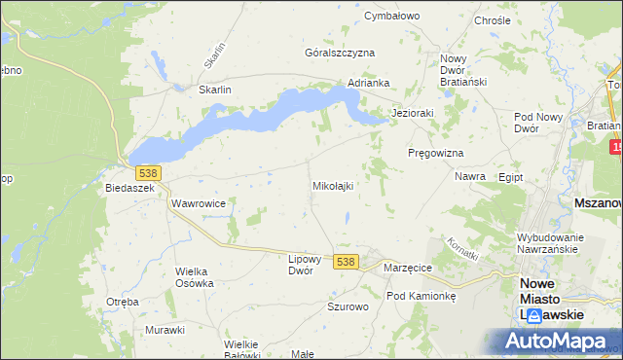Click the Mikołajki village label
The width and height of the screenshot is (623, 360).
pyautogui.click(x=332, y=185)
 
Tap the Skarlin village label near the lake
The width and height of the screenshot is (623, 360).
pyautogui.click(x=214, y=90)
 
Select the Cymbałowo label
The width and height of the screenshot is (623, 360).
pyautogui.click(x=391, y=17)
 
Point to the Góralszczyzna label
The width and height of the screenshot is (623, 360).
pyautogui.click(x=340, y=53)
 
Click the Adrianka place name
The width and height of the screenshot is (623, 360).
pyautogui.click(x=369, y=84)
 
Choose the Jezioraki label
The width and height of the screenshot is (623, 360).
pyautogui.click(x=412, y=113)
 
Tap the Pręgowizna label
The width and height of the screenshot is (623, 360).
pyautogui.click(x=435, y=154)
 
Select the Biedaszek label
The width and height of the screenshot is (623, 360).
pyautogui.click(x=130, y=189)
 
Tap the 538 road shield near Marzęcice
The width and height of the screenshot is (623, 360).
pyautogui.click(x=345, y=262)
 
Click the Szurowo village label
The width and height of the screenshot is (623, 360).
pyautogui.click(x=348, y=306)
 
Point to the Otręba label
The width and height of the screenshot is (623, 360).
pyautogui.click(x=123, y=302)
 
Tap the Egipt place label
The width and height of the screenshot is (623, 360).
pyautogui.click(x=510, y=178)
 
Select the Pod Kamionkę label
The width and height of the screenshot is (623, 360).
pyautogui.click(x=421, y=295)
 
